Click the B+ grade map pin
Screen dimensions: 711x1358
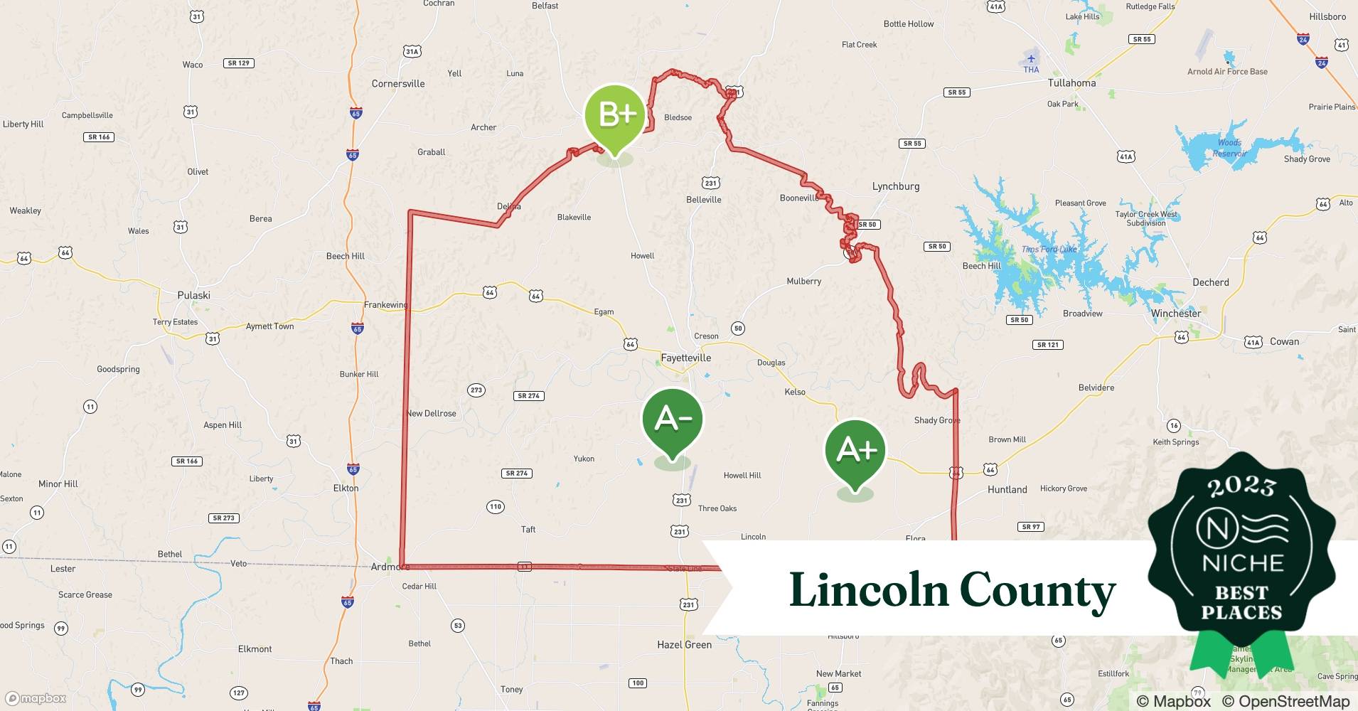point(614,116)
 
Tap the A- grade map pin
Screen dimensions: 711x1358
point(672,420)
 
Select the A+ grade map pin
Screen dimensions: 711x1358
point(855,451)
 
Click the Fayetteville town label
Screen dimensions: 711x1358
point(685,358)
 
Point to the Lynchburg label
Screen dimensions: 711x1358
point(895,186)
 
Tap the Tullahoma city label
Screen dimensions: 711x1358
point(1071,83)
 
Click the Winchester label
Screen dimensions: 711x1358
point(1175,314)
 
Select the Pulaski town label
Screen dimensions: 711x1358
point(193,295)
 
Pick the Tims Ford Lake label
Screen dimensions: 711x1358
point(1049,249)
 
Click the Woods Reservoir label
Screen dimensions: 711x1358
point(1229,148)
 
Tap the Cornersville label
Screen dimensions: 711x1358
point(397,84)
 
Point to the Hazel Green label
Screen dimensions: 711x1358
point(684,645)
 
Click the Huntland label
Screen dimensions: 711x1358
point(1007,490)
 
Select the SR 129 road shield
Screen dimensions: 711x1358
point(239,63)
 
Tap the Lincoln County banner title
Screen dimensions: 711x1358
point(952,590)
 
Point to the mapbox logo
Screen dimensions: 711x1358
point(36,698)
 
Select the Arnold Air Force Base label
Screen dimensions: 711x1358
point(1227,72)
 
